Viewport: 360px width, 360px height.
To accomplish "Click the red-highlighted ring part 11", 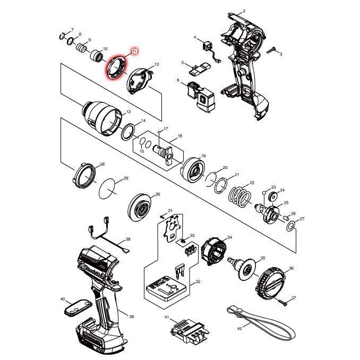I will pyautogui.click(x=117, y=68).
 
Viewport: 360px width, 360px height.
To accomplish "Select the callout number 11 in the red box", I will pyautogui.click(x=134, y=52).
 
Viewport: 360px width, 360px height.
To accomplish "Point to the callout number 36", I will pyautogui.click(x=291, y=269).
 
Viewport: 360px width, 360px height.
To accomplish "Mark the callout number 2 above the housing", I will pyautogui.click(x=244, y=11).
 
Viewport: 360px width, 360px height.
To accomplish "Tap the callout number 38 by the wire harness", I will pyautogui.click(x=127, y=239).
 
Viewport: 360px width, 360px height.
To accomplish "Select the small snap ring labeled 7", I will pyautogui.click(x=62, y=36).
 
